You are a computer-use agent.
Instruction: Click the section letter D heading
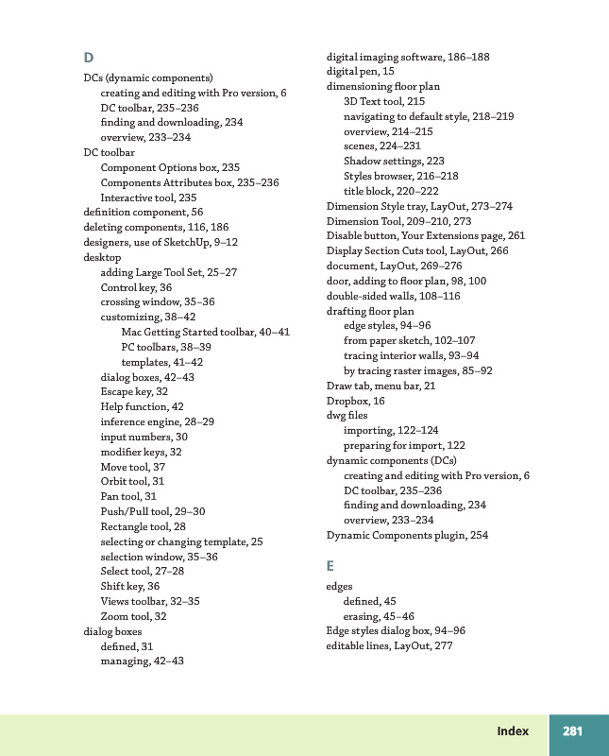88,58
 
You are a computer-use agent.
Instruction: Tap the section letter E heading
330,565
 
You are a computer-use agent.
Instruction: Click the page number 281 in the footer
572,731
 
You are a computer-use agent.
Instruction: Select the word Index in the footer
514,731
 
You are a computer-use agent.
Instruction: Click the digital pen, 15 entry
361,71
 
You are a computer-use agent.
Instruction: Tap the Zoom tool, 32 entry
133,616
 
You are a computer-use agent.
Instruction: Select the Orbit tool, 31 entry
132,481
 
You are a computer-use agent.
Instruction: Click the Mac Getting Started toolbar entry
205,332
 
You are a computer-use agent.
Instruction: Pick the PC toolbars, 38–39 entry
166,347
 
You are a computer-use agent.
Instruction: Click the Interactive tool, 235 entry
148,197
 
